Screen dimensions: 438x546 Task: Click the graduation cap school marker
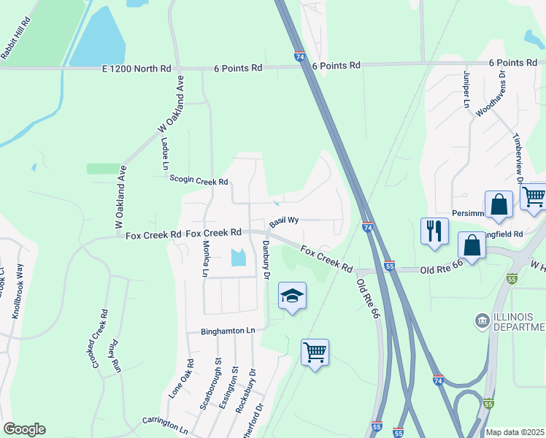(292, 296)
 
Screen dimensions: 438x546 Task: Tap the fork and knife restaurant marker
(434, 231)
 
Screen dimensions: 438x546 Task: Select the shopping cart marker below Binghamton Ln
(315, 353)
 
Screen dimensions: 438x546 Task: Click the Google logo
(24, 429)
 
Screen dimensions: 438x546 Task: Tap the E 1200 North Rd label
(136, 69)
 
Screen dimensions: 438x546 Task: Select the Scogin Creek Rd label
(199, 180)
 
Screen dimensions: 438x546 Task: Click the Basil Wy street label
(284, 220)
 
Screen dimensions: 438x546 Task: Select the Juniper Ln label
(465, 90)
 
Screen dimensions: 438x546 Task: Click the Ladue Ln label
(164, 154)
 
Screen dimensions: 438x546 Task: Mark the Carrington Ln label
(166, 423)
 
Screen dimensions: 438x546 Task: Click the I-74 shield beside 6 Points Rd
(300, 56)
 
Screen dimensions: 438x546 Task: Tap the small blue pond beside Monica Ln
(238, 258)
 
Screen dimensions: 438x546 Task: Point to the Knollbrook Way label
(16, 293)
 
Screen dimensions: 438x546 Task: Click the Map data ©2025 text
(515, 432)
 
